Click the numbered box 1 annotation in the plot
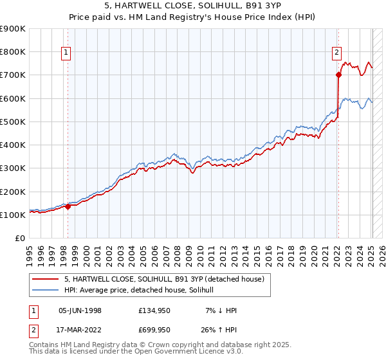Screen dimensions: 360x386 click(67, 53)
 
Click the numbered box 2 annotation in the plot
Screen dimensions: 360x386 click(336, 53)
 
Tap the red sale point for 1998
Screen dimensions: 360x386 click(68, 207)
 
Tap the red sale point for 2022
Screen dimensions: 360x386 click(338, 75)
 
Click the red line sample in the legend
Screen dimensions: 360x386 click(46, 279)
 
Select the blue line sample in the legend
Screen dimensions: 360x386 click(46, 291)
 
